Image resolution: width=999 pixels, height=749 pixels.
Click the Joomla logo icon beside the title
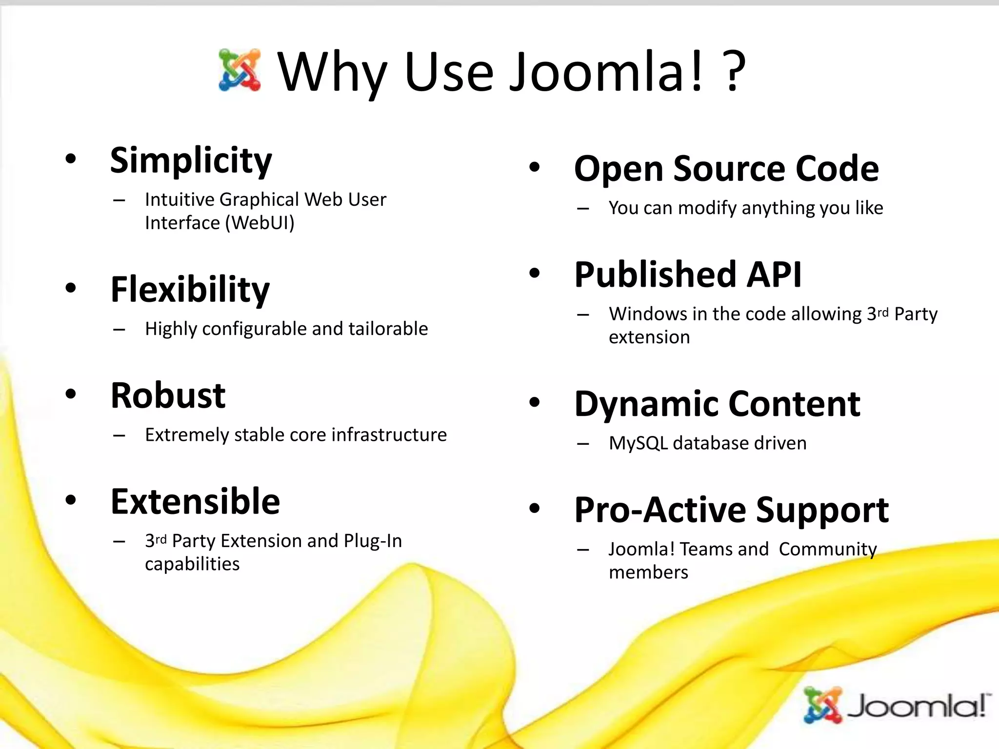click(240, 70)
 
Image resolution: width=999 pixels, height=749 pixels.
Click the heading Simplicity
click(191, 160)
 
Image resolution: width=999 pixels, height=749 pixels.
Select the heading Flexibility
click(190, 290)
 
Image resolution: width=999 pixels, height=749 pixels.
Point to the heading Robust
click(168, 395)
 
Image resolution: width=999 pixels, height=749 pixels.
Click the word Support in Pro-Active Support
click(822, 511)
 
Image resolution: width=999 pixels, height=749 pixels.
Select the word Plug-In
click(373, 541)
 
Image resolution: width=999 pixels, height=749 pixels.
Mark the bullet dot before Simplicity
click(71, 159)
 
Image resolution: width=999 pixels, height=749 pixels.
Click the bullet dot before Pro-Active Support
click(535, 509)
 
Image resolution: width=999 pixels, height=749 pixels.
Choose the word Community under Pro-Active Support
click(827, 549)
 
